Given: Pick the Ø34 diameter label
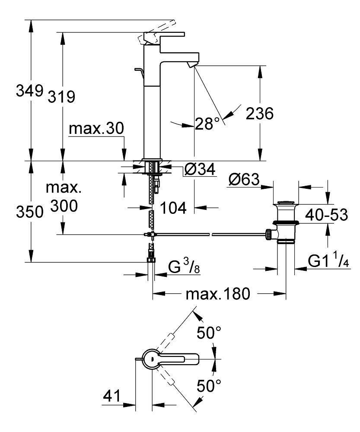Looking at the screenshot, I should (199, 170).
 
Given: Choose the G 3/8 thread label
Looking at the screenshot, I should (181, 267).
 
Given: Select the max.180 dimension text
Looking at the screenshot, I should (218, 295).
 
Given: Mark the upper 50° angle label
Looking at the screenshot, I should (209, 334).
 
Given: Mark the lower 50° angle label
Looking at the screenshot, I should (209, 386).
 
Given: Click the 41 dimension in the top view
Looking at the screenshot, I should (112, 395).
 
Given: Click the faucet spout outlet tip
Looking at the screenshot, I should (191, 64).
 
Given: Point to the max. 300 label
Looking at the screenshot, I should (64, 197).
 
